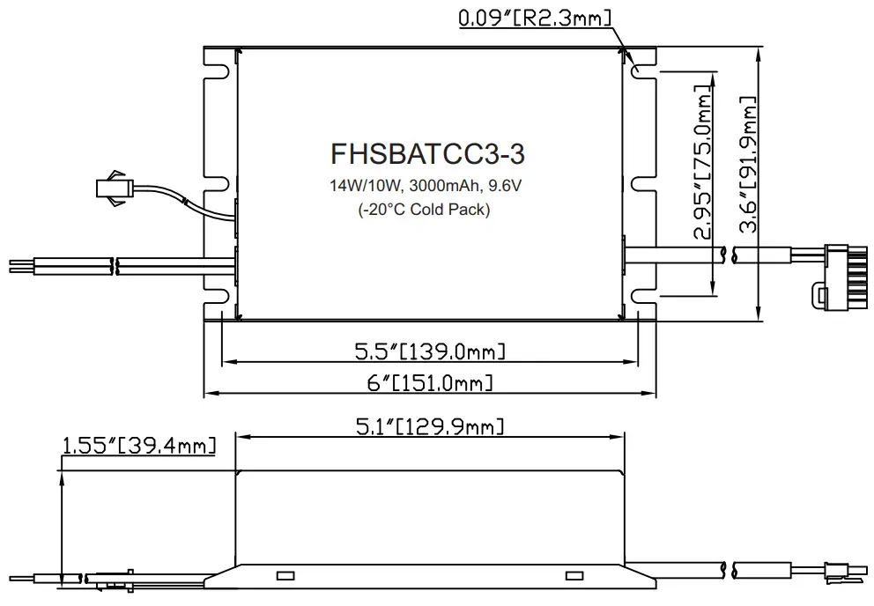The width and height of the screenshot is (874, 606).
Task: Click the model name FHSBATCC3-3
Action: tap(427, 154)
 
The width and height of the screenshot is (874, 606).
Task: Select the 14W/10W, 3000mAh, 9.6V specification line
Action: tap(427, 187)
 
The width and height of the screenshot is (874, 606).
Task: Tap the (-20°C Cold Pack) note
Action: tap(425, 210)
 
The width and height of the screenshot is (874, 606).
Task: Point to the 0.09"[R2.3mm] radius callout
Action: tap(535, 18)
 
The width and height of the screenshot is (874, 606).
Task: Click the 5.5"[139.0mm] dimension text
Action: tap(430, 352)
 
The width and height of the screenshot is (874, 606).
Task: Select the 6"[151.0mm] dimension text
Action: tap(430, 383)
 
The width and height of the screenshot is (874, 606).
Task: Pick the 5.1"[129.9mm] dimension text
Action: tap(430, 427)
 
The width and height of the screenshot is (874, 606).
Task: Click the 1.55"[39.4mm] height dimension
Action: tap(138, 447)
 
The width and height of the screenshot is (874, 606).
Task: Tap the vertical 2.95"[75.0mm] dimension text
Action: tap(702, 163)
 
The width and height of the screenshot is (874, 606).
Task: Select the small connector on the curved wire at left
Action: tap(115, 187)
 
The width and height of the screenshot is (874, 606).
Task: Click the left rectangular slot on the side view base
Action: tap(285, 576)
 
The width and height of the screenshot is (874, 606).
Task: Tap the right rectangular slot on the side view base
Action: tap(574, 576)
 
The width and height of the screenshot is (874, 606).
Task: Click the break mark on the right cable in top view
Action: tap(724, 255)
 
